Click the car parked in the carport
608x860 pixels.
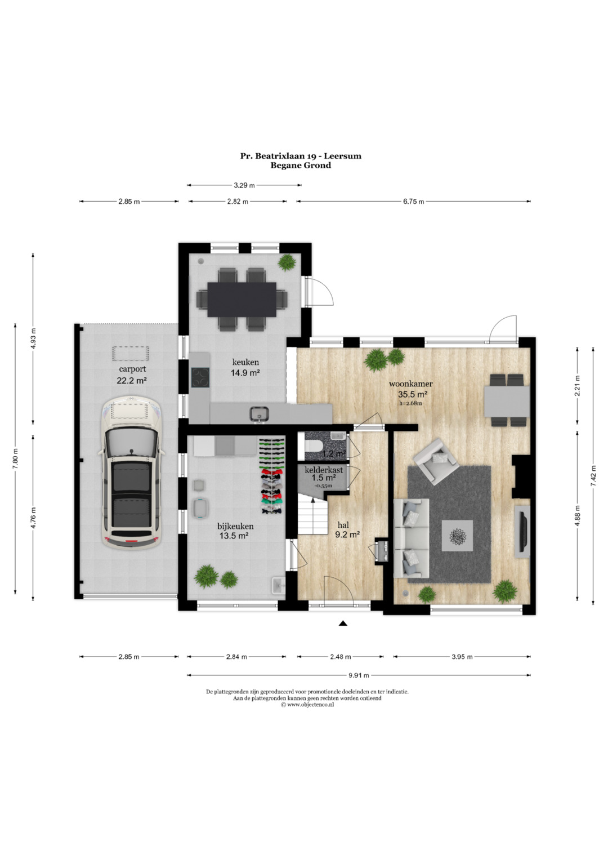[x=131, y=473]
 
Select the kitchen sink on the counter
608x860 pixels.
[x=260, y=413]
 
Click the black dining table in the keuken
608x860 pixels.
[x=242, y=300]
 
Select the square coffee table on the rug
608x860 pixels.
[x=457, y=536]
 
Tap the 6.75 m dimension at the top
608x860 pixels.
[x=413, y=202]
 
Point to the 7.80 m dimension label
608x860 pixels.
[x=15, y=458]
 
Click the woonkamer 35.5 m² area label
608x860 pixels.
[x=413, y=394]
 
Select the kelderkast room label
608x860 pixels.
[x=324, y=470]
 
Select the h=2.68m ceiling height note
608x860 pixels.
[x=411, y=403]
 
